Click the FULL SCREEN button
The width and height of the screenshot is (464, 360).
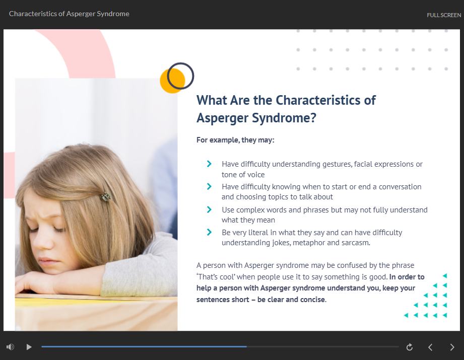443,15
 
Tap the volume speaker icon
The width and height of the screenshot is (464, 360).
11,347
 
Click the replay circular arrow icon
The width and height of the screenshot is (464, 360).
410,347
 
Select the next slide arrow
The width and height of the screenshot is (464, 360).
452,347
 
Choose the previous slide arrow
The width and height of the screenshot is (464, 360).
431,347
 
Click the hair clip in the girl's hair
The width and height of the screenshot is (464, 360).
106,196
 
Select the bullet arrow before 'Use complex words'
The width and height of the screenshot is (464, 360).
209,209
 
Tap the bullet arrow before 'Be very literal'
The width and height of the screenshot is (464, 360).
209,232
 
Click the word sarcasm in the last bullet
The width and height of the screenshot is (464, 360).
356,243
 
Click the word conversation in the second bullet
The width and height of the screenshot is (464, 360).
400,187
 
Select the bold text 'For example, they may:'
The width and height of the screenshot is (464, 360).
235,140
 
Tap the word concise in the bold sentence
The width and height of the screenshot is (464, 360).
313,300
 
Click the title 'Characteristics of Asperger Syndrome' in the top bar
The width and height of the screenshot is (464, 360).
69,14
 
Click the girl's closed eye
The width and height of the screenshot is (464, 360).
58,229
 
